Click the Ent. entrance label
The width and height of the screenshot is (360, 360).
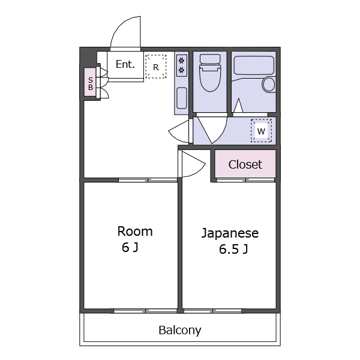125,64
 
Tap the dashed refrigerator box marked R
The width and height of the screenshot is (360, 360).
156,67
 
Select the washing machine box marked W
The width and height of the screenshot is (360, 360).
261,130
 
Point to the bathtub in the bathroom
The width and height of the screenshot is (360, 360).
254,65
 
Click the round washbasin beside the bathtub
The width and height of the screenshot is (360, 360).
269,84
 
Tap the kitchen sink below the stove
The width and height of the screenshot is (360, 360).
182,98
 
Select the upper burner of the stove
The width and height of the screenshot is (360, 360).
182,61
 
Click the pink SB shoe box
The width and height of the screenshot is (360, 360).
90,82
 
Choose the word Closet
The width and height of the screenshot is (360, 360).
245,164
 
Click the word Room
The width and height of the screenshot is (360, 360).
135,232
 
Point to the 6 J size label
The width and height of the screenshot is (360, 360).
130,247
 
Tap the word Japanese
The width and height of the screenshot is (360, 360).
230,233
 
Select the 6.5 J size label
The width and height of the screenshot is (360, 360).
233,249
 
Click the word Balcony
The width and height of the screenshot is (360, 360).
180,331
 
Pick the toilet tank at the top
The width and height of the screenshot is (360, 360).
210,59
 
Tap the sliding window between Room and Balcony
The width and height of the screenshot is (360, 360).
145,311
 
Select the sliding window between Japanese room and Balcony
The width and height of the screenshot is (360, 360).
212,311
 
